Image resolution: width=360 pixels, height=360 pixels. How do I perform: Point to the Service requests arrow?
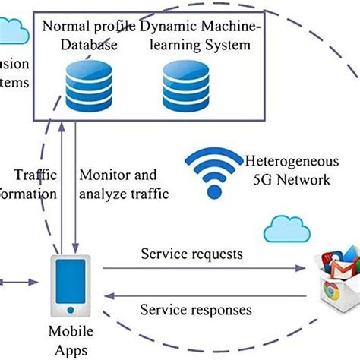(x=205, y=268)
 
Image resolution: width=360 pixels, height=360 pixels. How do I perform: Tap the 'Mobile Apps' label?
(x=71, y=339)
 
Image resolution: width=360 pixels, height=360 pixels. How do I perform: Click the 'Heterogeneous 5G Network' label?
(x=287, y=171)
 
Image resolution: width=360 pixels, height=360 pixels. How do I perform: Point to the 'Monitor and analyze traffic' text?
(x=125, y=184)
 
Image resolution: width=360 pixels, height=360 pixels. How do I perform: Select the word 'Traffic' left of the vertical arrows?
(x=37, y=174)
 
